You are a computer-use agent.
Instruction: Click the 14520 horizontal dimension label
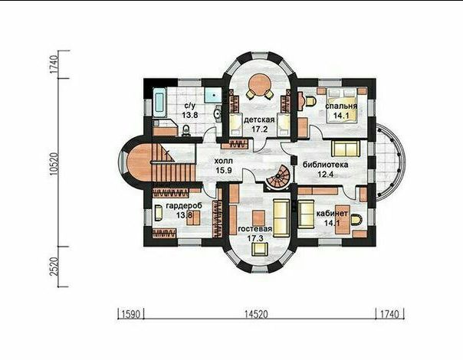(256, 314)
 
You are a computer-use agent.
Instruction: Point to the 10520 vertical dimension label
(54, 165)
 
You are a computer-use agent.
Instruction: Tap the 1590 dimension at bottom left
(130, 314)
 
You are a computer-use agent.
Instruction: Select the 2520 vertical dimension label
(54, 267)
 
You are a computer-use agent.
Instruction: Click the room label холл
(224, 161)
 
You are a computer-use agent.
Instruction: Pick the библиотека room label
(325, 165)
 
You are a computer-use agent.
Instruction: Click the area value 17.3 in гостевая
(255, 238)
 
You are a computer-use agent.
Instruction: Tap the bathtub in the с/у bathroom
(159, 103)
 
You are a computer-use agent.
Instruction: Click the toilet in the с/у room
(186, 130)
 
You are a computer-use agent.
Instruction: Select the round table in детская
(260, 83)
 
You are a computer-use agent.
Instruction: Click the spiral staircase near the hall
(277, 176)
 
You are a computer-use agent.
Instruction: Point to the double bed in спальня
(342, 105)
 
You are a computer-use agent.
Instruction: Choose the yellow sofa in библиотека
(346, 149)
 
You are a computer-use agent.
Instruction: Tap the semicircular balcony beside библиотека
(389, 163)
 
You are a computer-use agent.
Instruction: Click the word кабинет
(332, 214)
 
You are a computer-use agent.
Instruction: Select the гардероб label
(184, 206)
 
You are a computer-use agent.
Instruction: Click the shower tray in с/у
(213, 95)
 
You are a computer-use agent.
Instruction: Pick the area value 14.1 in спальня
(341, 116)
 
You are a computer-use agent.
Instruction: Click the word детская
(259, 119)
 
